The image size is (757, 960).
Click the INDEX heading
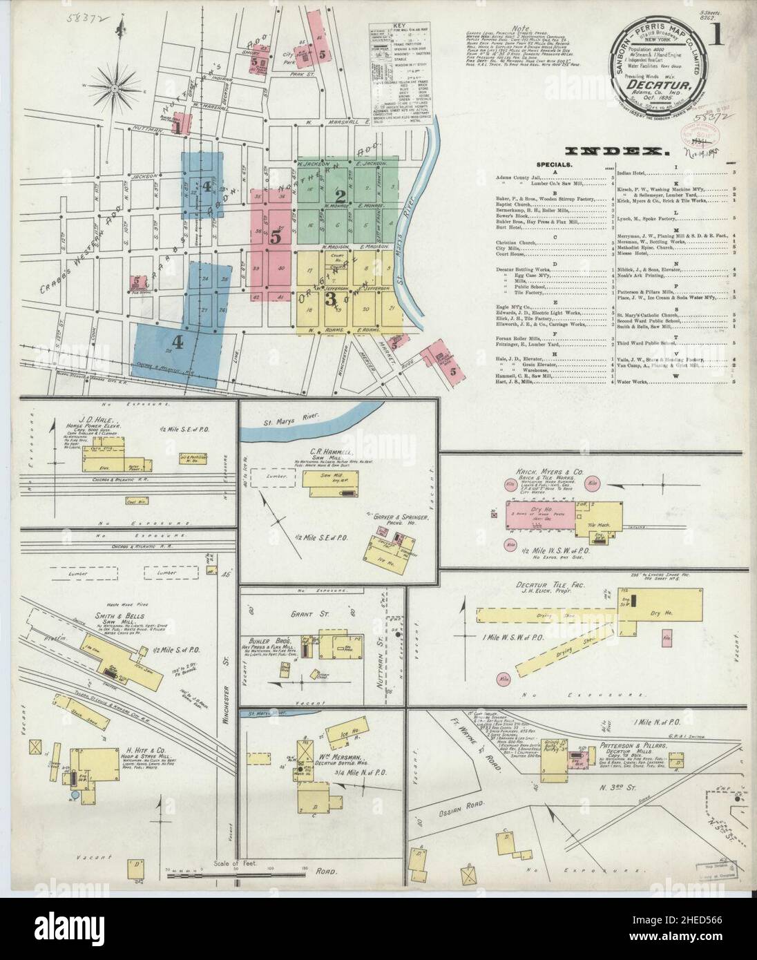click(616, 151)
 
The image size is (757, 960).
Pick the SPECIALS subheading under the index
click(553, 165)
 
